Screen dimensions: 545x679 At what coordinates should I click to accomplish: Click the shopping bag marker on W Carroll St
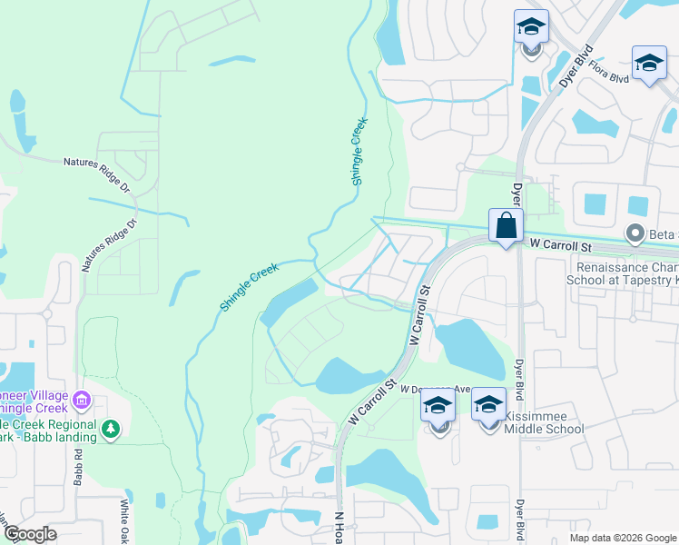pos(505,227)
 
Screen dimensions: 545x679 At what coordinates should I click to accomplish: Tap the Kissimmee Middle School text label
pos(543,422)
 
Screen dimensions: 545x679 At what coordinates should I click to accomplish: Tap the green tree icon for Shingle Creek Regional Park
pos(112,428)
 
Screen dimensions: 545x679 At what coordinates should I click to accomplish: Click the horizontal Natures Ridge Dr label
pos(98,163)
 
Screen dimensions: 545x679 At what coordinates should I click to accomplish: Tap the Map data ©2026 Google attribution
pos(622,538)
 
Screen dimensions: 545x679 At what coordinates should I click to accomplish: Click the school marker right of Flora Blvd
pos(649,63)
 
